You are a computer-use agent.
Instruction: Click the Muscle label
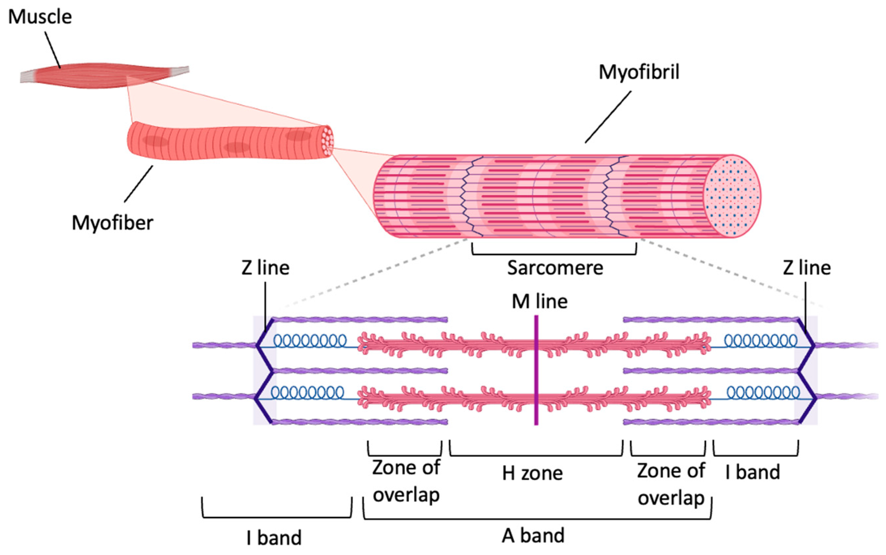(x=40, y=17)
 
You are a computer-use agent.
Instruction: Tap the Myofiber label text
(x=112, y=223)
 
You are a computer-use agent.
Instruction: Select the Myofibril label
(x=639, y=72)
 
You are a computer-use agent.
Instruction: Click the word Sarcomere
(x=555, y=268)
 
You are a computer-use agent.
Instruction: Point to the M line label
(x=539, y=301)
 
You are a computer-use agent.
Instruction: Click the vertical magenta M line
(x=536, y=371)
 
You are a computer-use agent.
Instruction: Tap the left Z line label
(x=265, y=268)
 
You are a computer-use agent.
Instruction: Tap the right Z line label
(x=806, y=268)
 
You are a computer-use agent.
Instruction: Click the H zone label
(x=532, y=473)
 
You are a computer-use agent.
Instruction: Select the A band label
(x=533, y=536)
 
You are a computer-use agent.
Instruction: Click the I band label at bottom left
(x=274, y=538)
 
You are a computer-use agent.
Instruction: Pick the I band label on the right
(x=752, y=472)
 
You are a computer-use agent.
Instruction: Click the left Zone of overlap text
(x=406, y=481)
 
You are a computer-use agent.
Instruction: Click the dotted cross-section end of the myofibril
(x=732, y=196)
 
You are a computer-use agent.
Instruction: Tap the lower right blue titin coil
(x=763, y=393)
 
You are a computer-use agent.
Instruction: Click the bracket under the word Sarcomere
(x=554, y=253)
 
